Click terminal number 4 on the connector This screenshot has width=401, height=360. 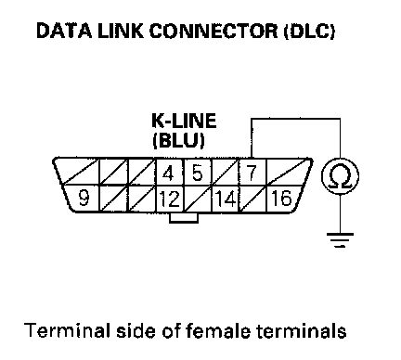click(x=168, y=174)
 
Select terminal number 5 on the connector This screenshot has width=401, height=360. click(x=197, y=173)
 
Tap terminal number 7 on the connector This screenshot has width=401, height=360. click(x=252, y=173)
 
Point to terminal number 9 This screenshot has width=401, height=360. click(x=84, y=198)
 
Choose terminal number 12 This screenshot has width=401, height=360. click(x=169, y=199)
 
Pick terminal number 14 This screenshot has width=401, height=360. click(x=226, y=199)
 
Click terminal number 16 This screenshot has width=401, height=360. click(x=281, y=198)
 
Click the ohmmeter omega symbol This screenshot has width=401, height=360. click(x=341, y=177)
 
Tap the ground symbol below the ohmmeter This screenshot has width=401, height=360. click(x=340, y=240)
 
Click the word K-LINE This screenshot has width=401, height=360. click(x=184, y=121)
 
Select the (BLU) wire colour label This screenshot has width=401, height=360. click(x=178, y=141)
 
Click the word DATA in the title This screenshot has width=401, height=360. click(x=64, y=31)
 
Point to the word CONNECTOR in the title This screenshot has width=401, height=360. click(x=213, y=31)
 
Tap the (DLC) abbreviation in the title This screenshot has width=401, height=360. click(x=309, y=32)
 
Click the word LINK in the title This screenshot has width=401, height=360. click(x=121, y=31)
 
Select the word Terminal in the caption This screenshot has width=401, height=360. click(x=67, y=330)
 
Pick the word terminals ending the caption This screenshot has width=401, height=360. click(x=302, y=330)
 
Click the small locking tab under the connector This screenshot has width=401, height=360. click(x=184, y=217)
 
